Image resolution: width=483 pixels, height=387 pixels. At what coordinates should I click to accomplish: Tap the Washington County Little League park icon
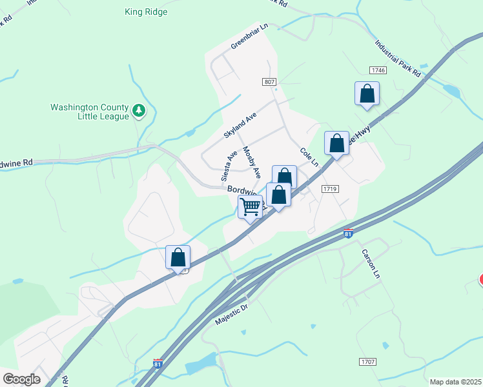pos(138,112)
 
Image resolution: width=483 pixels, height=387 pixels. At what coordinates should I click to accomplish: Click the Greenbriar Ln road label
pos(249,37)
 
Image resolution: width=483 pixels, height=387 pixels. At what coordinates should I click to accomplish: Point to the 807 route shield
pos(270,82)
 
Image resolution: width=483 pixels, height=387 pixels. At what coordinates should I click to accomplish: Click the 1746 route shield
pos(378,70)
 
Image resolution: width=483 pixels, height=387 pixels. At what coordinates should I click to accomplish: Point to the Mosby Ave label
pos(251,163)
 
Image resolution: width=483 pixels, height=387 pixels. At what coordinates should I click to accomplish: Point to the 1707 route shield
pos(369,362)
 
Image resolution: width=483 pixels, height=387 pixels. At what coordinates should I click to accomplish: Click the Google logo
pos(21,379)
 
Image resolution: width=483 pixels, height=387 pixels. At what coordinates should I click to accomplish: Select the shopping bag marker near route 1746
pos(367,94)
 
